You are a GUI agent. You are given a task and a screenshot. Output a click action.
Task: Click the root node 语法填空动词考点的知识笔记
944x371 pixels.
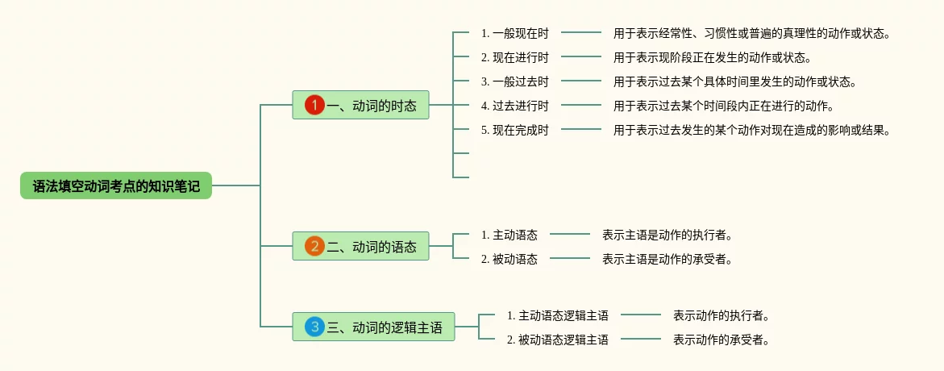pos(116,186)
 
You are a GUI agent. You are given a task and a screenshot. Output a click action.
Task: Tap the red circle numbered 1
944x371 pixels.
pos(314,105)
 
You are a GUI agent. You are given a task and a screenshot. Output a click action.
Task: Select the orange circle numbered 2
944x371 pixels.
pos(314,246)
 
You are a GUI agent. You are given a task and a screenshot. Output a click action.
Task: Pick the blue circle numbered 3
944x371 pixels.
pos(314,327)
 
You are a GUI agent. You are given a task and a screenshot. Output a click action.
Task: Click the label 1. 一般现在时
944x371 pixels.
pos(514,33)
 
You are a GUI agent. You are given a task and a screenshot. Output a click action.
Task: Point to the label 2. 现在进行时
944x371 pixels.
pos(514,57)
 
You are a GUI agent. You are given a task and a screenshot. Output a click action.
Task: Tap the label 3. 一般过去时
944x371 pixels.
pos(514,81)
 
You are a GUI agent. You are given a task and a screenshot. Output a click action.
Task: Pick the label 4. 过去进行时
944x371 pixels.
pos(514,106)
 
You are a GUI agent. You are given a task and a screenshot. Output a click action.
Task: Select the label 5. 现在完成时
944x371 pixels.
pos(514,130)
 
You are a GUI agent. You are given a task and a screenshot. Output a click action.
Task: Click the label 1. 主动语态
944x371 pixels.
pos(509,235)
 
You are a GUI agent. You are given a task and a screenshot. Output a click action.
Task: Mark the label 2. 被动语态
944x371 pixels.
pos(509,259)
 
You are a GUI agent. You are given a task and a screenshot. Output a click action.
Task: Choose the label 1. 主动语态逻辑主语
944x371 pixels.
pos(557,315)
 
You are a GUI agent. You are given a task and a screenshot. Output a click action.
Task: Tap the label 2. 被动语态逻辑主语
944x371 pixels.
pos(557,340)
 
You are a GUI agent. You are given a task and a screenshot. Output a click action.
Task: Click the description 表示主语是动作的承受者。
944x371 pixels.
pos(667,259)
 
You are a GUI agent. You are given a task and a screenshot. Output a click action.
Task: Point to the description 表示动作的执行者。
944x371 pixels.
pos(722,315)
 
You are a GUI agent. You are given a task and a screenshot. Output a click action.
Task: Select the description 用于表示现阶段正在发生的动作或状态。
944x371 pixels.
pos(712,57)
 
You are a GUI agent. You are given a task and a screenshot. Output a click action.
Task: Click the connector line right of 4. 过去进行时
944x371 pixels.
pos(581,105)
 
